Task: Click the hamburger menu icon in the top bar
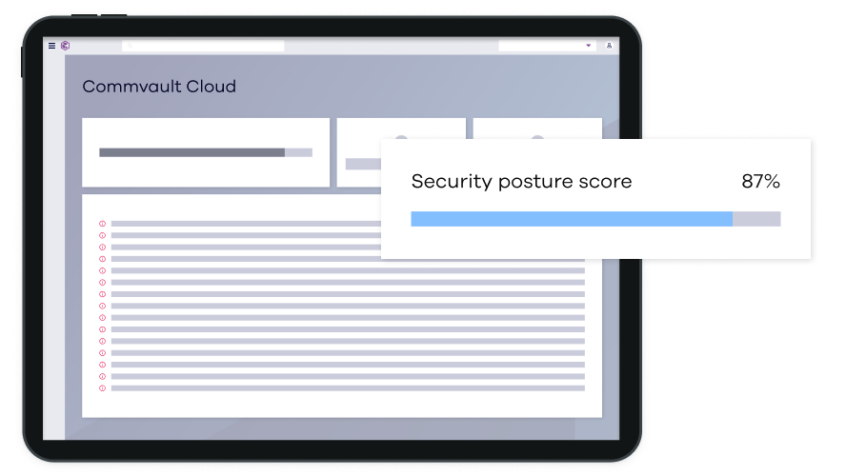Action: click(x=51, y=46)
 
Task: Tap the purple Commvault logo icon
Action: click(x=65, y=46)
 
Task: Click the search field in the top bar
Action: click(x=204, y=46)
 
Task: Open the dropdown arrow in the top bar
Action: click(x=588, y=46)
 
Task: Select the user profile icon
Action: click(x=610, y=46)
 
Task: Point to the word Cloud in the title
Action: click(x=211, y=87)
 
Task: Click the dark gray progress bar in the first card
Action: click(x=191, y=152)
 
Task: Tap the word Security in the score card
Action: click(x=451, y=182)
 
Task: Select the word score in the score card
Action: click(x=608, y=182)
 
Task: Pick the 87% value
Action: click(x=760, y=182)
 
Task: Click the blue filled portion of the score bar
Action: click(x=572, y=219)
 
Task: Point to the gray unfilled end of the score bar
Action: click(x=756, y=219)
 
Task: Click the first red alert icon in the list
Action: click(x=103, y=224)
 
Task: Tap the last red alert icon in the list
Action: click(x=103, y=388)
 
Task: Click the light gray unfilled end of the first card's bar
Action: click(x=298, y=152)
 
